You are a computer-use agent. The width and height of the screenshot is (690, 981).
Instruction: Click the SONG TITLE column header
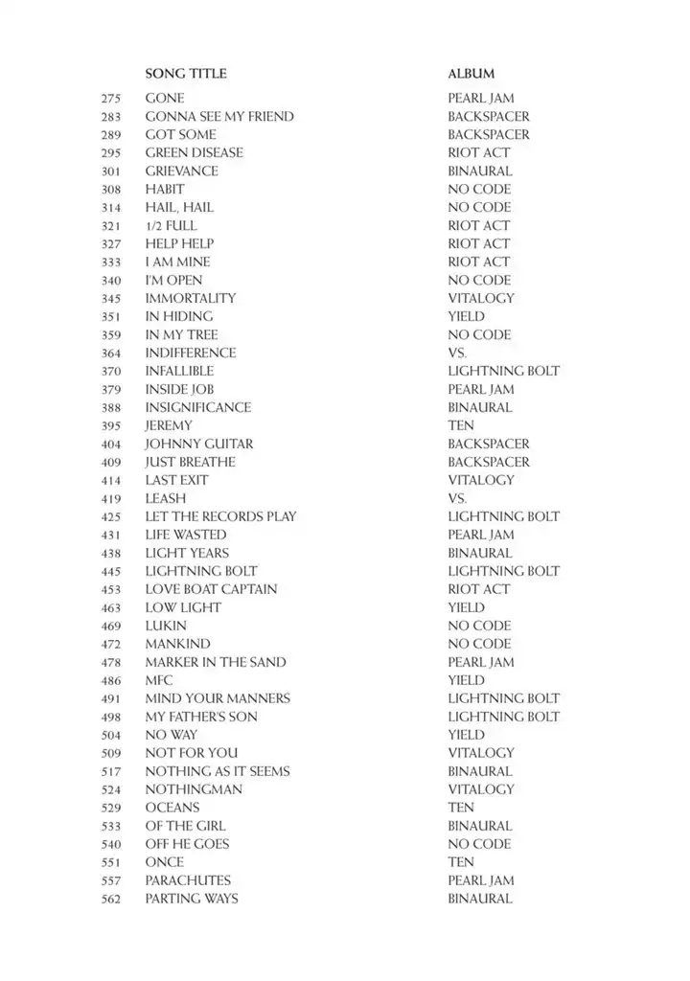pos(186,74)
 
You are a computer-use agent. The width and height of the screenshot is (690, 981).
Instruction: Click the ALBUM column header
pos(471,74)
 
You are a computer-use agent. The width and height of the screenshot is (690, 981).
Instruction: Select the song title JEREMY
pos(169,425)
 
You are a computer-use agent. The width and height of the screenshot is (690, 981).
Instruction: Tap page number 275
pos(110,99)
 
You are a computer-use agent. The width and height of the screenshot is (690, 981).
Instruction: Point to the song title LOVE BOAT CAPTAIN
pos(211,589)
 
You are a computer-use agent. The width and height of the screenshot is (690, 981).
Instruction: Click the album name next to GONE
pos(480,99)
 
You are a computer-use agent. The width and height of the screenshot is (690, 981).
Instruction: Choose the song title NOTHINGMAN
pos(194,789)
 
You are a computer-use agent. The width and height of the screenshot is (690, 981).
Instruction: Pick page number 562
pos(110,899)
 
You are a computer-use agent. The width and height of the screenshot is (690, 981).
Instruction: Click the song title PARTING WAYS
pos(192,899)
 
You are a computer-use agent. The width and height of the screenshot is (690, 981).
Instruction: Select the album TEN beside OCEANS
pos(461,808)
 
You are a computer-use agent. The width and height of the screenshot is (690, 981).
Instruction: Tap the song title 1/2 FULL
pos(171,226)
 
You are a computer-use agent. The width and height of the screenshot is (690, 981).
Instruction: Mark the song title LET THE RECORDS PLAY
pos(220,516)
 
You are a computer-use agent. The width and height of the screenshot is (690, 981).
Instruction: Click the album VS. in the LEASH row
pos(457,498)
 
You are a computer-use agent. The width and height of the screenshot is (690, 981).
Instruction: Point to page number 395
pos(110,425)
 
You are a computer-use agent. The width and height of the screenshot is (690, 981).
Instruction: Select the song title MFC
pos(159,680)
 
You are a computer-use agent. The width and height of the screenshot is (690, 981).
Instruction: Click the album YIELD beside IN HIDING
pos(466,316)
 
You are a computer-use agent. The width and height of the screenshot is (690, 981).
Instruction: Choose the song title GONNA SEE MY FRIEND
pos(219,117)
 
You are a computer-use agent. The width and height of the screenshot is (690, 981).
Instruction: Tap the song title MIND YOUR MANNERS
pos(218,698)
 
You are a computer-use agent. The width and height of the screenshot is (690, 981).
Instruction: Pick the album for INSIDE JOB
pos(480,389)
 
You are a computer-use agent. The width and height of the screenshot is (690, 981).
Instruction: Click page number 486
pos(110,680)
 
